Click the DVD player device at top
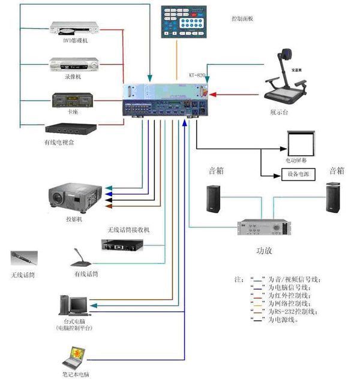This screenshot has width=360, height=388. pos(71,28)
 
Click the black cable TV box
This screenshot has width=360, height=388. pos(71,128)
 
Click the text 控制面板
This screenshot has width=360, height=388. pos(242,19)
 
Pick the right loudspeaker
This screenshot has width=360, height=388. pos(334,198)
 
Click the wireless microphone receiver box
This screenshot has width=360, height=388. pos(124,244)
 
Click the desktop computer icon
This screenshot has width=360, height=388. pos(74,305)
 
